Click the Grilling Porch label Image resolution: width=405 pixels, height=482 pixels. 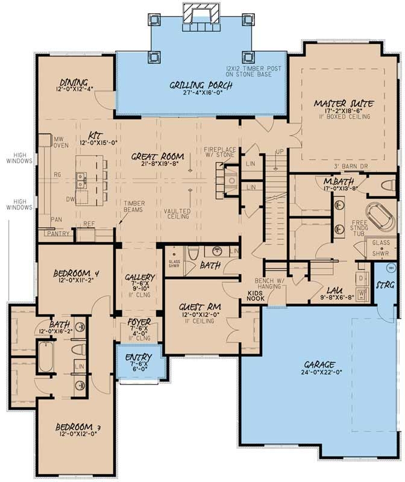(x=201, y=85)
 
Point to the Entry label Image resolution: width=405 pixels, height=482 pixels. (x=139, y=358)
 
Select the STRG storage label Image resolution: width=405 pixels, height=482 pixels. (x=386, y=284)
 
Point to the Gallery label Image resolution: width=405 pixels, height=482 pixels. (x=140, y=278)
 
